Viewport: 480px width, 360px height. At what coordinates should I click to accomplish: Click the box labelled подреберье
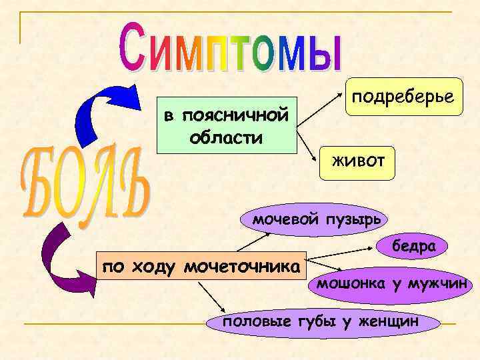(x=403, y=96)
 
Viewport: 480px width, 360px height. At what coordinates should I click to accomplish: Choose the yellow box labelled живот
(x=357, y=161)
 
